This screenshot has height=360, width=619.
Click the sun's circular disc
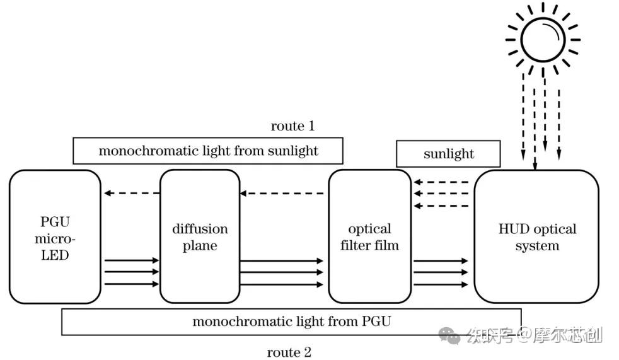[x=543, y=39]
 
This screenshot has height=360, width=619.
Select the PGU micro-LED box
[x=55, y=236]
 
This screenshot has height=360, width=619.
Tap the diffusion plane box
[x=200, y=236]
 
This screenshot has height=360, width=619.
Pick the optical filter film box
[x=369, y=236]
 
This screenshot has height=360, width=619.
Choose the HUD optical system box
[x=536, y=236]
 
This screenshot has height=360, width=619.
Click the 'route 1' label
[x=292, y=126]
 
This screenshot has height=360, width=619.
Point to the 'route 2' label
[x=289, y=352]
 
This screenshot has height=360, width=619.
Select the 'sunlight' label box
[x=448, y=154]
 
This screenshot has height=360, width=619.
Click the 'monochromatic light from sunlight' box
[x=208, y=151]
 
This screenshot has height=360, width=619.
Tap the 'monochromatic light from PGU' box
[x=291, y=322]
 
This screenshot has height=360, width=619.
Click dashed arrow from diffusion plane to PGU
[x=131, y=193]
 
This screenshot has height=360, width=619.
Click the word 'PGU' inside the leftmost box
[x=55, y=223]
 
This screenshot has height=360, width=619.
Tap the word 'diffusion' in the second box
[x=200, y=229]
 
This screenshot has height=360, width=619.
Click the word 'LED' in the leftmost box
[x=55, y=255]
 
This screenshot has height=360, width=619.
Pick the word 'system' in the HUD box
[x=537, y=245]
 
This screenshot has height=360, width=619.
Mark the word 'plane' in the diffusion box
[x=200, y=245]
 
